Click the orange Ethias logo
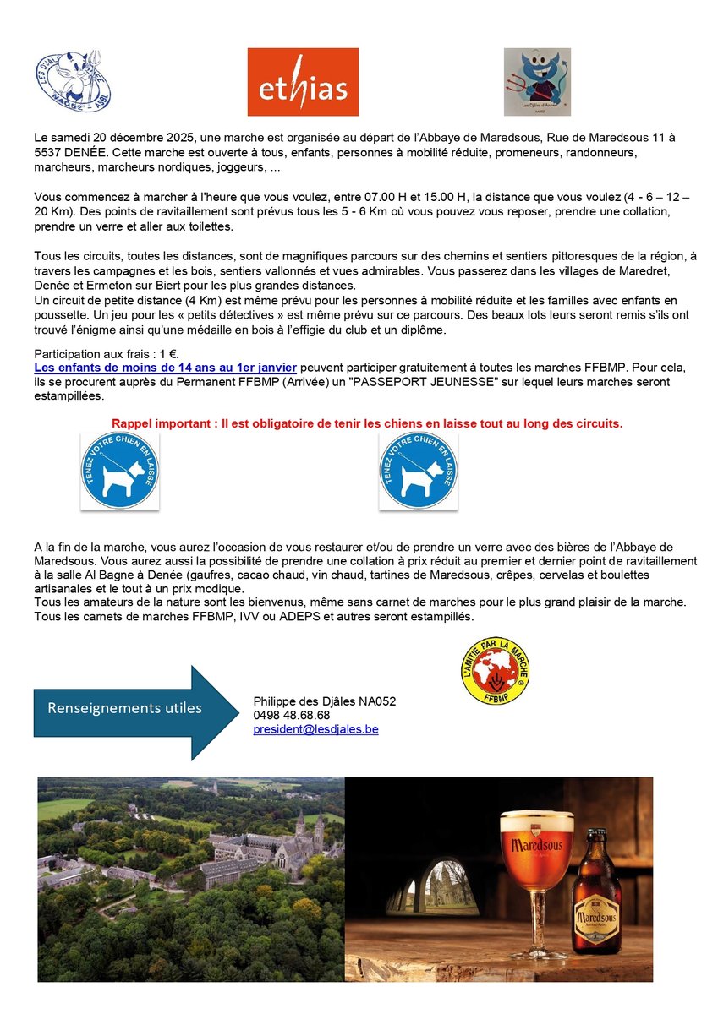point(302,82)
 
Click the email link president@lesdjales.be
point(315,729)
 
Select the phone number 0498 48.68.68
point(291,715)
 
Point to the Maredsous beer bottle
point(595,874)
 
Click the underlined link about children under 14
point(165,368)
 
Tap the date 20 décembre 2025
point(141,137)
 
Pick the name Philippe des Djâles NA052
point(324,701)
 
